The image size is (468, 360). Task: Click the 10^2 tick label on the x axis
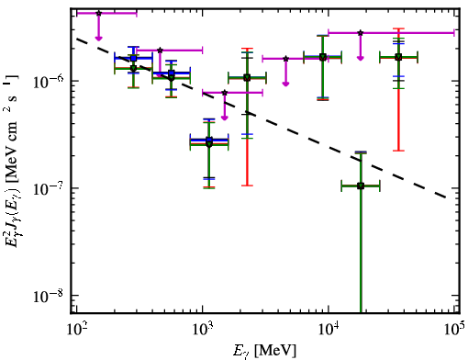coord(76,330)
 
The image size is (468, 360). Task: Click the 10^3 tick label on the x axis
coord(203,330)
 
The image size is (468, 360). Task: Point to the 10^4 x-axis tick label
coord(329,330)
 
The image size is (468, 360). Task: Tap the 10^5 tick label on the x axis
coord(455,330)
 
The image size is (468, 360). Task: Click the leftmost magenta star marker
coord(98,13)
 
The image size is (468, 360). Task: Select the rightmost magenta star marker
coord(361,32)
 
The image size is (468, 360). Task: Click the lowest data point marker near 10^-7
coord(361,186)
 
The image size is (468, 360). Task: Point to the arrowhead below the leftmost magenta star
coord(98,39)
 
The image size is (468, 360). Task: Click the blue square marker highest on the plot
coord(133,58)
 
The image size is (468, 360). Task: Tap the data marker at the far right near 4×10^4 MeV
coord(398,57)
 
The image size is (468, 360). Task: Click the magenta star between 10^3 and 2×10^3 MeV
coord(225,93)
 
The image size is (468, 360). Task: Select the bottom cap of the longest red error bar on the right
coord(398,151)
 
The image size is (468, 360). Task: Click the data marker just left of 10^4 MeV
coord(323,57)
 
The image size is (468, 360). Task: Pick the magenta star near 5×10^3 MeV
coord(285,59)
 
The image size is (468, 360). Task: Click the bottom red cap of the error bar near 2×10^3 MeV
coord(247,186)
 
